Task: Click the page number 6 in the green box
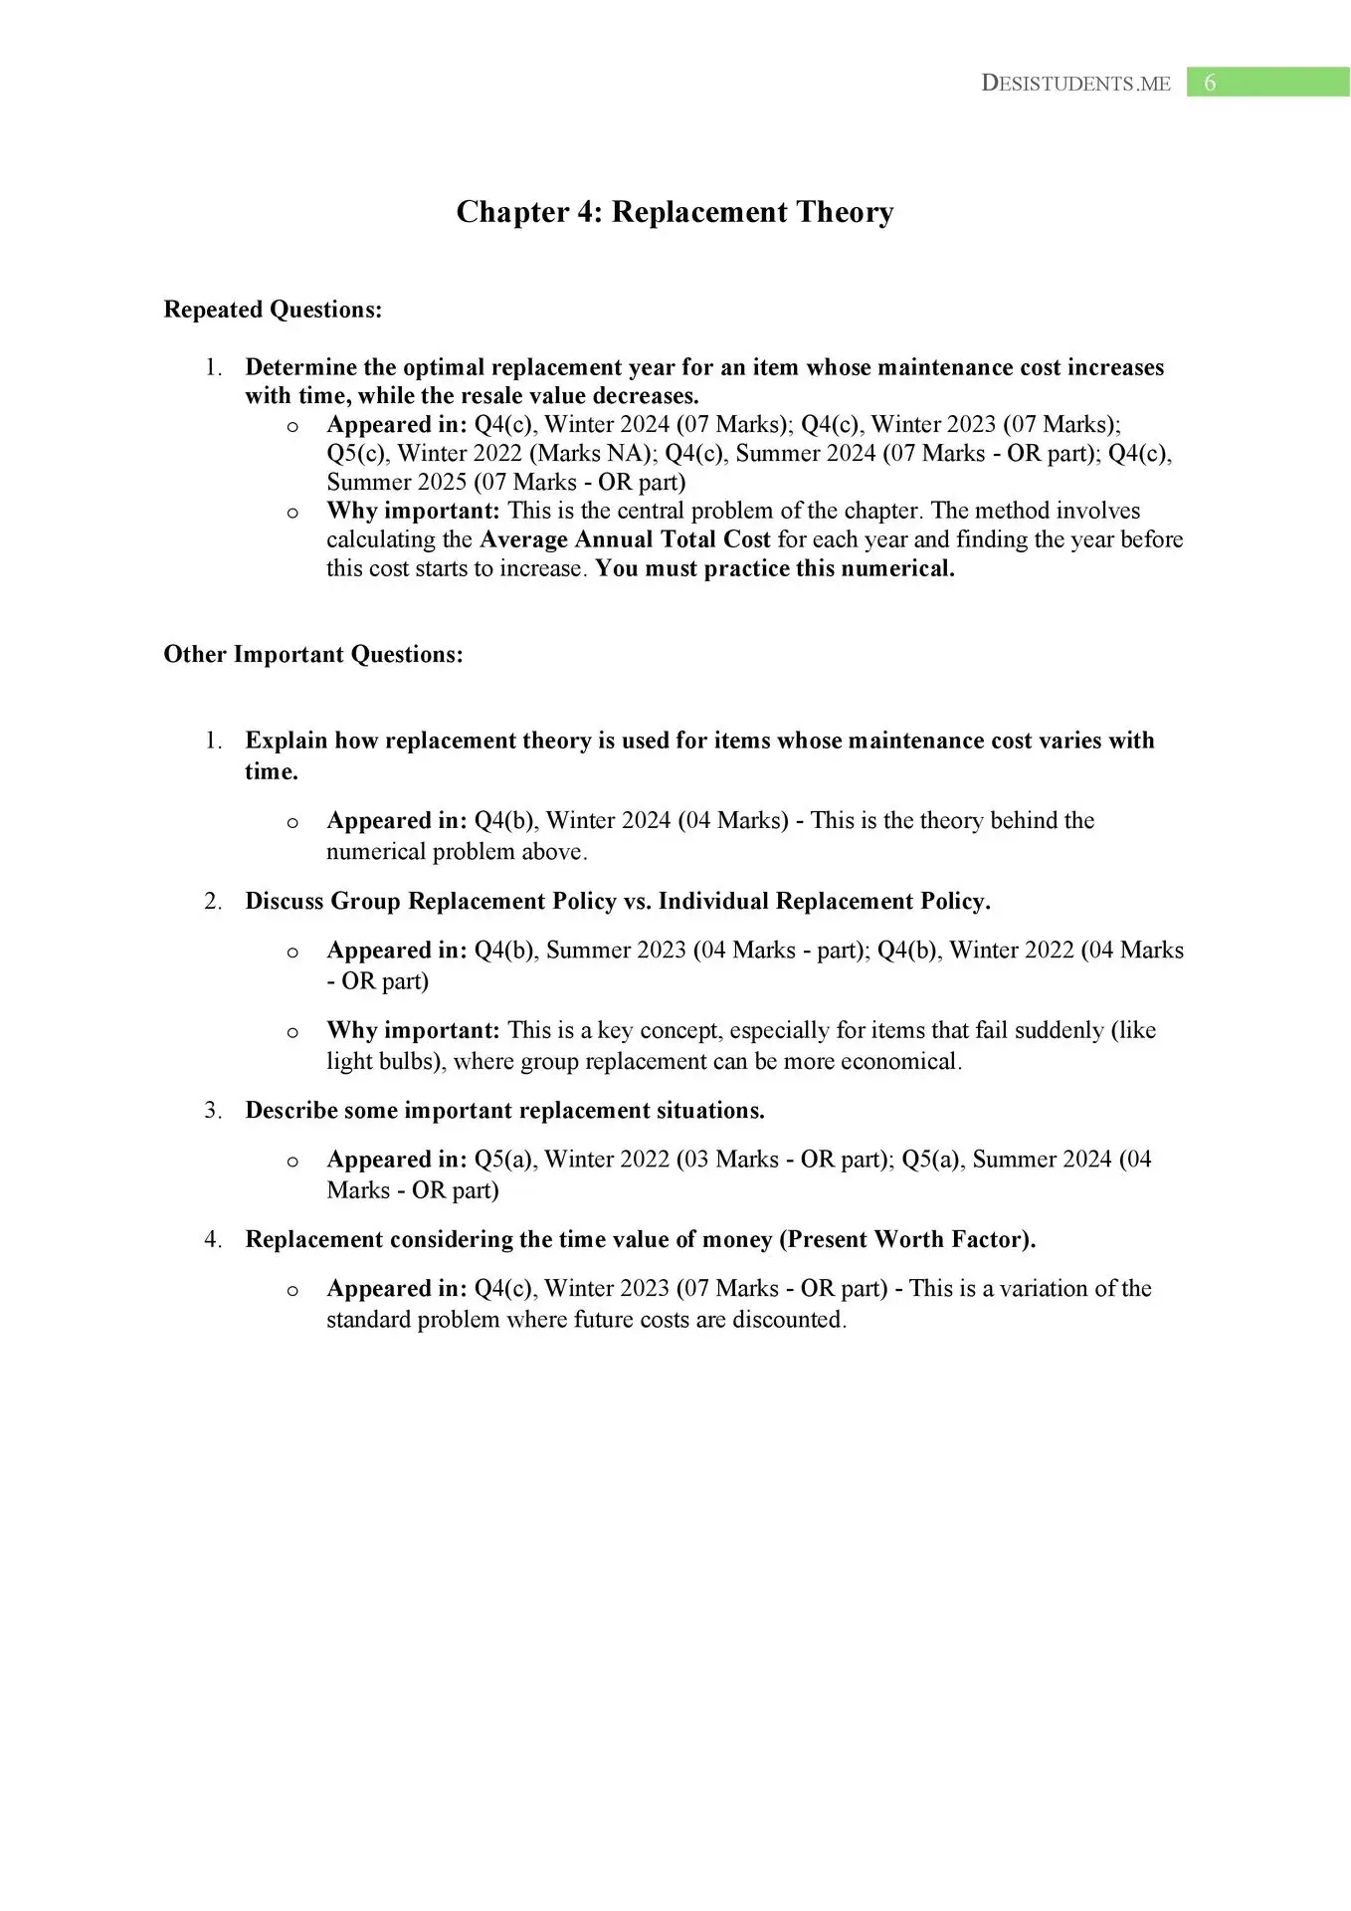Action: click(x=1210, y=83)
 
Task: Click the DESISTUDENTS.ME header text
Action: click(x=1075, y=84)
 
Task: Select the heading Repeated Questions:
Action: click(x=273, y=310)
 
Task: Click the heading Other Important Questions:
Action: click(x=313, y=654)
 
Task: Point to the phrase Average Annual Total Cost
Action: click(x=625, y=539)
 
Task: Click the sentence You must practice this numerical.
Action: click(x=774, y=568)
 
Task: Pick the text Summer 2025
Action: click(x=396, y=482)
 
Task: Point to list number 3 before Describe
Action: click(x=213, y=1110)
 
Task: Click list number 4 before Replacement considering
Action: click(x=213, y=1239)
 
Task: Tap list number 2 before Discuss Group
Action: click(x=213, y=901)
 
